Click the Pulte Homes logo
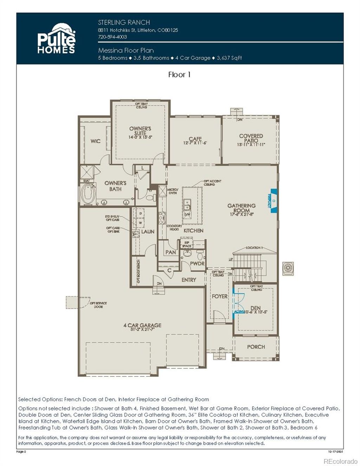click(x=56, y=39)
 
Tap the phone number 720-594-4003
click(x=112, y=37)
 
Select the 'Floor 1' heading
click(x=179, y=75)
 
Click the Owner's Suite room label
click(x=140, y=133)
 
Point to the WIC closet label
click(x=95, y=141)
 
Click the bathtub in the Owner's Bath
click(x=88, y=193)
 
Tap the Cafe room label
click(x=195, y=141)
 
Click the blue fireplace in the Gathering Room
click(x=274, y=201)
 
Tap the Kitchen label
click(x=193, y=231)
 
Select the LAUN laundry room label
click(x=148, y=232)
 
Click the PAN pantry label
click(x=171, y=252)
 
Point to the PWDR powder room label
click(x=197, y=264)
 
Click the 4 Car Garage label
click(x=142, y=327)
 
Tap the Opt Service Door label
click(x=98, y=305)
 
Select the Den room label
click(x=256, y=308)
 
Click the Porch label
click(x=256, y=347)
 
